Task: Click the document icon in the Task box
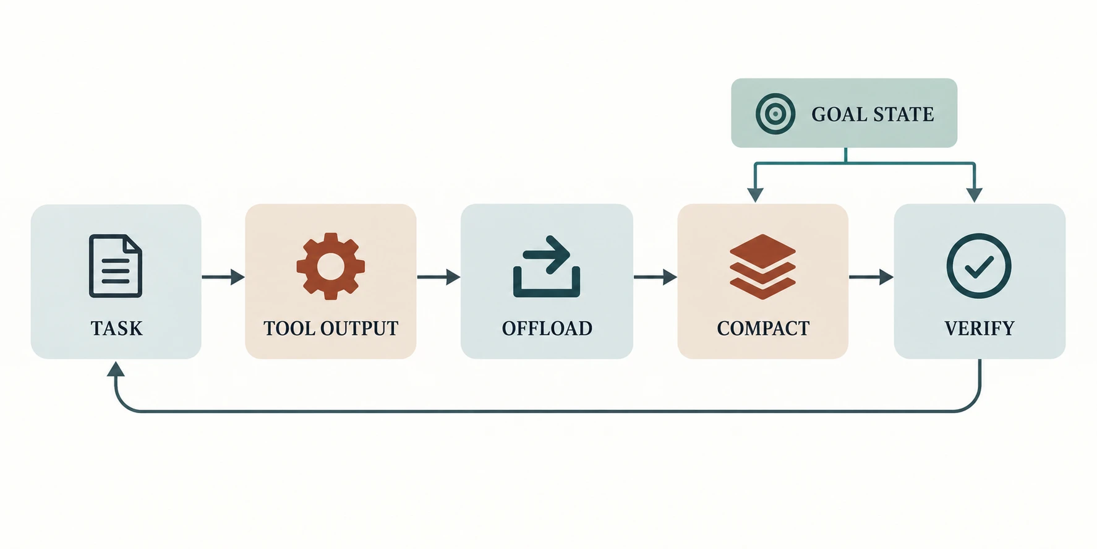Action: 116,266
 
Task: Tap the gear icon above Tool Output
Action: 330,266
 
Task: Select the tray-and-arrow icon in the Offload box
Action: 547,266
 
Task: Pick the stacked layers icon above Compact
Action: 762,267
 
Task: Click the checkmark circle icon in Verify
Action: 979,266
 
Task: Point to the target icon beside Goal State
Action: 775,114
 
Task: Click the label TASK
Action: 116,328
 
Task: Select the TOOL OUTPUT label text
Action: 331,328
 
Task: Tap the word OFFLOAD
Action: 547,328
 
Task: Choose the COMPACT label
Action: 763,328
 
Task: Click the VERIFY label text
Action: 980,328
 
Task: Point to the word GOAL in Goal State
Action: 838,115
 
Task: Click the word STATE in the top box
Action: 903,115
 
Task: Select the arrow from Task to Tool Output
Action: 223,277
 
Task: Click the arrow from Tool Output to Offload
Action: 438,277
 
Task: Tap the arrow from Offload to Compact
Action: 655,277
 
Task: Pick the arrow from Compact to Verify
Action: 871,277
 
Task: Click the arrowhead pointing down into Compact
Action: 755,195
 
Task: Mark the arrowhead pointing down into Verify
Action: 974,195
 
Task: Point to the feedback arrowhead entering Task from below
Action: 116,369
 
